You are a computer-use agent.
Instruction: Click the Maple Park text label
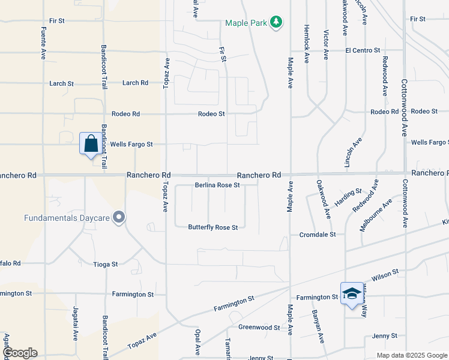[x=246, y=23]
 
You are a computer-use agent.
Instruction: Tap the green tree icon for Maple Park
[x=276, y=23]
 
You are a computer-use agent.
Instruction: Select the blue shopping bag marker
[x=91, y=145]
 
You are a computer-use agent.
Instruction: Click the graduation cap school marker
[x=352, y=293]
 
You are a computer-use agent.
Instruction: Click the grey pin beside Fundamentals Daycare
[x=119, y=217]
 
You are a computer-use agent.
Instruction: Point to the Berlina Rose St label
[x=217, y=185]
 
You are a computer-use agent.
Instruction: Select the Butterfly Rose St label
[x=213, y=227]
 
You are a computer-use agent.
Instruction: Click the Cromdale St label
[x=318, y=235]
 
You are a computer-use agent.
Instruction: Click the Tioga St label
[x=106, y=264]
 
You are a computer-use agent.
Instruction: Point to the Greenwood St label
[x=259, y=328]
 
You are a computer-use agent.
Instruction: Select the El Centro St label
[x=363, y=50]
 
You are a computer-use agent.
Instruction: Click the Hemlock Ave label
[x=306, y=41]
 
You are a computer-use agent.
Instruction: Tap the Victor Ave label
[x=326, y=45]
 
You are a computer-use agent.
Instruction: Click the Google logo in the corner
[x=19, y=352]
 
